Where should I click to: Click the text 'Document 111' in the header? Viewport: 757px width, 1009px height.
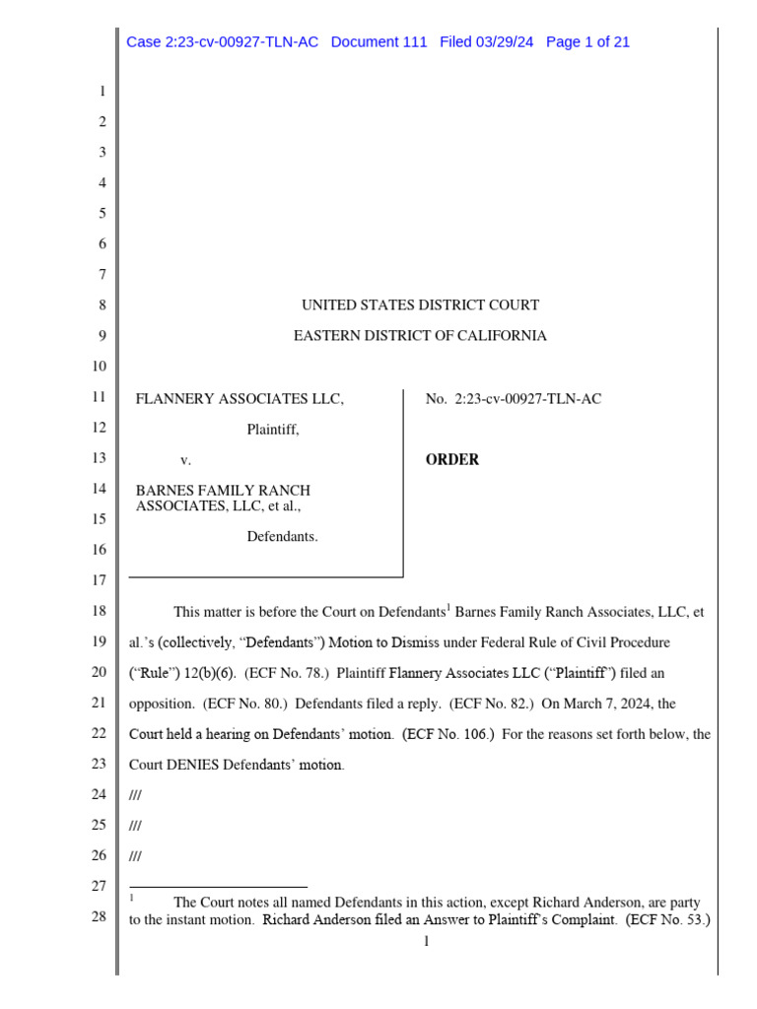[x=378, y=42]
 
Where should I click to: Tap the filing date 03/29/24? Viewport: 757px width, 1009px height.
[x=504, y=42]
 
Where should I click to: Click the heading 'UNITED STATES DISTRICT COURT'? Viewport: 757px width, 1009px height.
[x=420, y=305]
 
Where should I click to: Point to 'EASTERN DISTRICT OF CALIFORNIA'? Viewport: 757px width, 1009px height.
[x=420, y=336]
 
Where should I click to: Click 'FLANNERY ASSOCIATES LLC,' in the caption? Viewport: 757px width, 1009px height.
[x=240, y=399]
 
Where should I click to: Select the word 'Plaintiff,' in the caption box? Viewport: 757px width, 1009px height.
[x=273, y=430]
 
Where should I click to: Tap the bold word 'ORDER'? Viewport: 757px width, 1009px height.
[x=452, y=460]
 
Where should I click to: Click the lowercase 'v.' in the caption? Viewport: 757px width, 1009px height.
[x=184, y=460]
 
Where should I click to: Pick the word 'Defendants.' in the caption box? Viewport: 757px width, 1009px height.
[x=282, y=537]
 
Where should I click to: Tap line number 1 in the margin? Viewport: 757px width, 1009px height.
[x=101, y=93]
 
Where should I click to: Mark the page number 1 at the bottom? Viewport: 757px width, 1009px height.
[x=426, y=943]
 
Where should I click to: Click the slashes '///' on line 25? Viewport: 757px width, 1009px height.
[x=135, y=826]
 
